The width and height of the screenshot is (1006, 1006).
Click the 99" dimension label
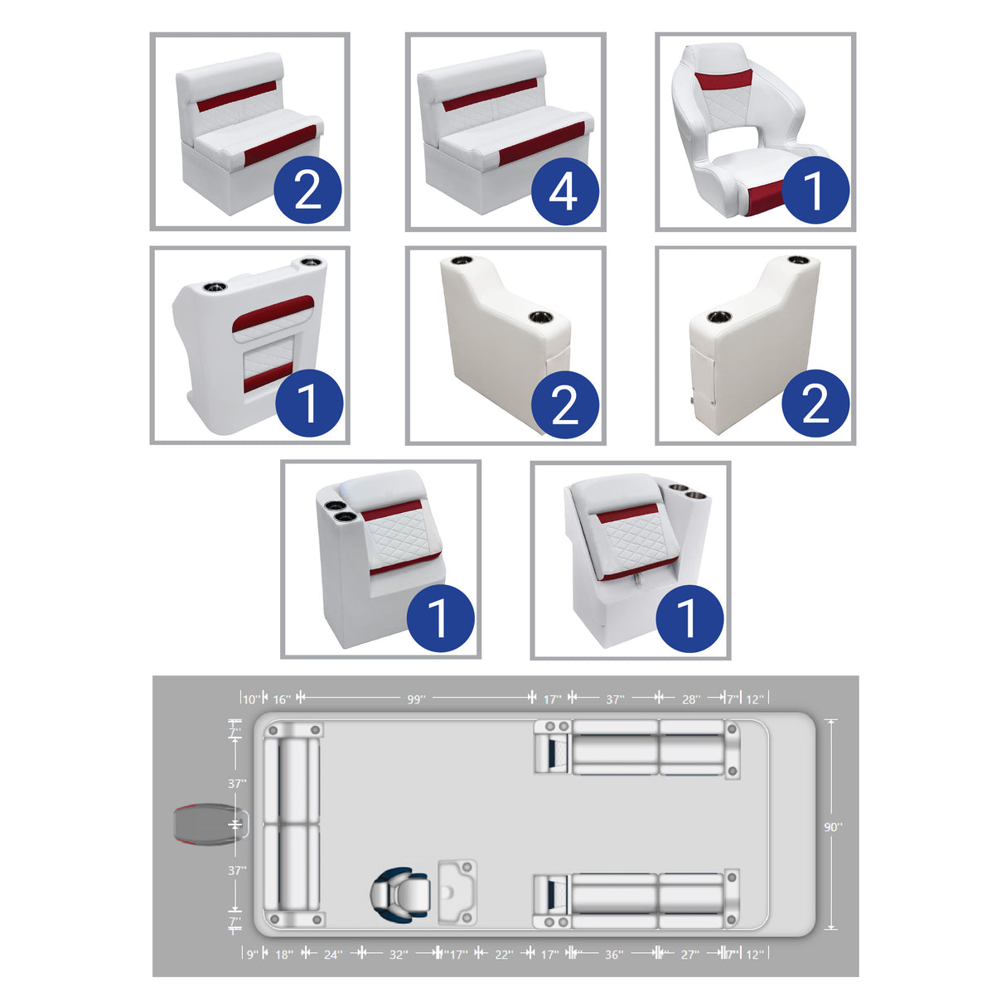[x=416, y=699]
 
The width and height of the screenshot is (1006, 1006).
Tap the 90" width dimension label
[x=833, y=827]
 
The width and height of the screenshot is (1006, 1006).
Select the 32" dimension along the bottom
[x=399, y=955]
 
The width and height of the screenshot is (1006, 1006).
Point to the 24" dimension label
[x=332, y=955]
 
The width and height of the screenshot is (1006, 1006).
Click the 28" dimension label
[x=690, y=699]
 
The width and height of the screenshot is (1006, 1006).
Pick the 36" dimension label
[x=613, y=955]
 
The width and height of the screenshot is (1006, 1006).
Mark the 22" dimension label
[x=504, y=955]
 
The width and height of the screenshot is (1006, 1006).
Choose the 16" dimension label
[x=282, y=699]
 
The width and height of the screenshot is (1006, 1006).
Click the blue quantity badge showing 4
[x=564, y=191]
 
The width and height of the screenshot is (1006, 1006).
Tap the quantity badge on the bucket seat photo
[x=815, y=190]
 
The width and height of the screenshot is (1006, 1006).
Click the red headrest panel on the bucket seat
[x=723, y=80]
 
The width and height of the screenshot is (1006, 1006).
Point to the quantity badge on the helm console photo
[x=308, y=404]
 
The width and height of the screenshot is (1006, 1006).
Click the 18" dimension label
[x=283, y=955]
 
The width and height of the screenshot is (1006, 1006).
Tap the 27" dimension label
[x=689, y=955]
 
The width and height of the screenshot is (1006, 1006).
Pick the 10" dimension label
[x=251, y=699]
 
